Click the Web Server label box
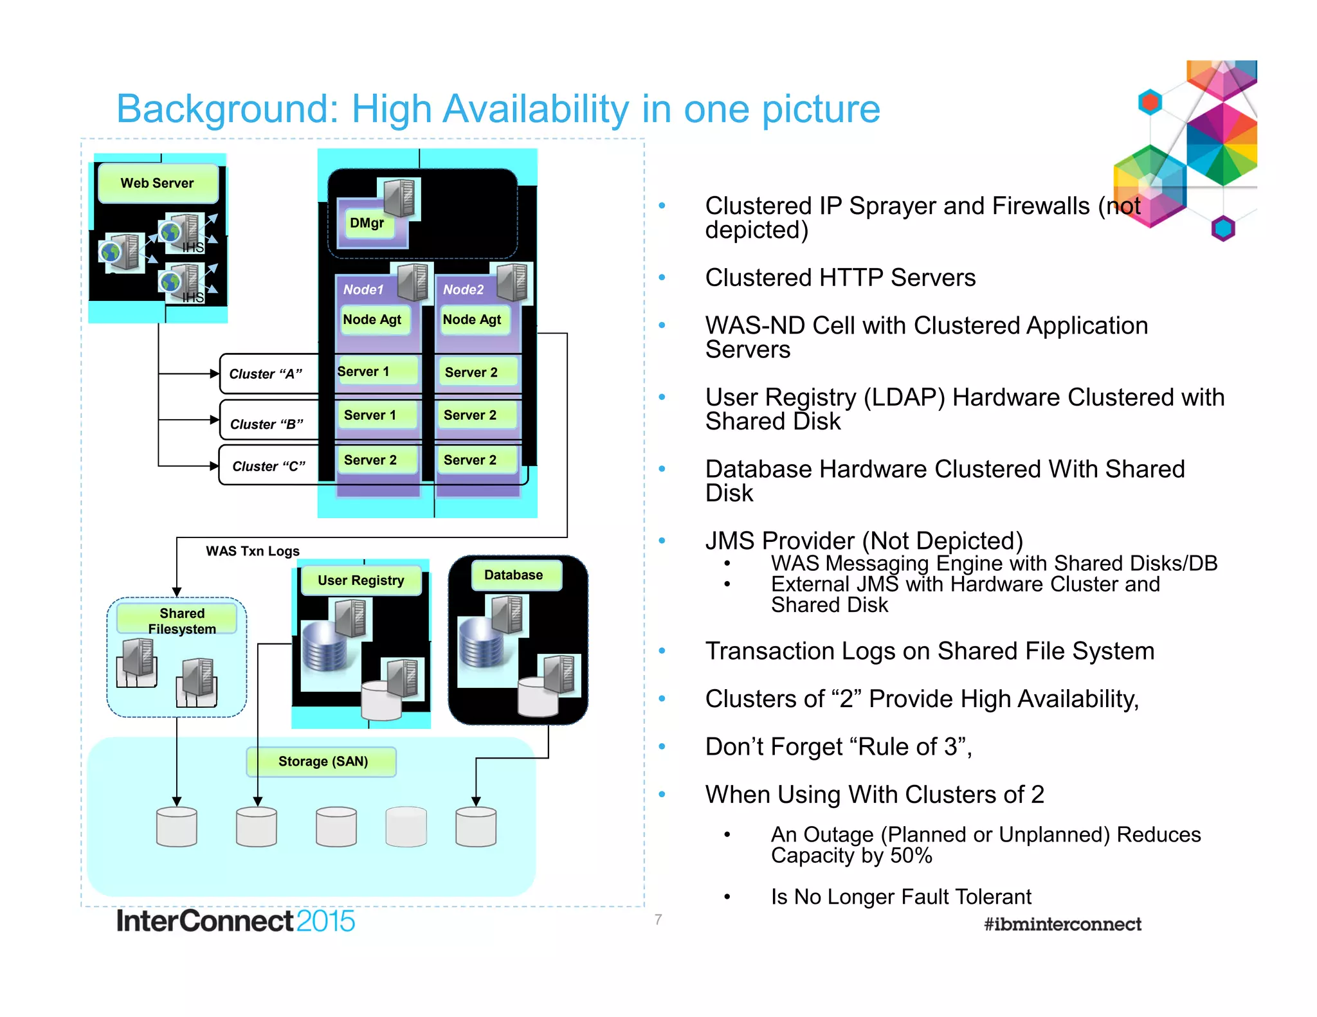pyautogui.click(x=158, y=183)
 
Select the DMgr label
pyautogui.click(x=367, y=223)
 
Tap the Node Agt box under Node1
pyautogui.click(x=372, y=319)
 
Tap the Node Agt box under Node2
pyautogui.click(x=472, y=319)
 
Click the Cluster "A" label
pyautogui.click(x=266, y=374)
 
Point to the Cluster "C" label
pyautogui.click(x=268, y=466)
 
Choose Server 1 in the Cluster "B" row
pyautogui.click(x=370, y=415)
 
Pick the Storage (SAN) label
pyautogui.click(x=322, y=762)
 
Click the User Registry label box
pyautogui.click(x=361, y=580)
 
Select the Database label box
pyautogui.click(x=514, y=575)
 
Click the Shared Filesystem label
pyautogui.click(x=182, y=620)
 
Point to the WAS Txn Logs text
pyautogui.click(x=253, y=551)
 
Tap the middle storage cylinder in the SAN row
pyautogui.click(x=336, y=827)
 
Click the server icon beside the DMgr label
pyautogui.click(x=400, y=197)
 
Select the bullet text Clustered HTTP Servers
pyautogui.click(x=840, y=278)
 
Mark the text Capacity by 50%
pyautogui.click(x=851, y=856)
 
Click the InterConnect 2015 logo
pyautogui.click(x=235, y=921)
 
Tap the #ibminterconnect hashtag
pyautogui.click(x=1062, y=924)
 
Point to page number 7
pyautogui.click(x=658, y=919)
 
